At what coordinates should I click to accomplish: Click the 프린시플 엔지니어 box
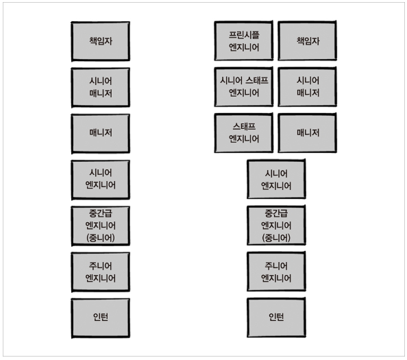coord(245,40)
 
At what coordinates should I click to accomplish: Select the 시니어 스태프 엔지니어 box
coord(245,86)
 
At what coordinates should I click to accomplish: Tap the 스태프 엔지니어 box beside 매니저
coord(245,132)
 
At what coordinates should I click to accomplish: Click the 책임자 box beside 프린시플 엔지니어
coord(308,41)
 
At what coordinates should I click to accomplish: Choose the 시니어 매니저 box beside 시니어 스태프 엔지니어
coord(308,86)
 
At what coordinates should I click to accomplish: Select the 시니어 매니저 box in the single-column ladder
coord(100,86)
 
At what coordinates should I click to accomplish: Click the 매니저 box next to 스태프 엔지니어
coord(308,132)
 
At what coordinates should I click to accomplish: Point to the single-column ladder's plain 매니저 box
coord(100,132)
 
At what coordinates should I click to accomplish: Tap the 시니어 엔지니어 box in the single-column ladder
coord(100,179)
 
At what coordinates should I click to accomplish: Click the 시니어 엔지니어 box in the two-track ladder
coord(276,179)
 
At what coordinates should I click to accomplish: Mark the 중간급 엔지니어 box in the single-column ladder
coord(100,226)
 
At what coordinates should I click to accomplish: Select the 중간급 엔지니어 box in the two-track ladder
coord(276,226)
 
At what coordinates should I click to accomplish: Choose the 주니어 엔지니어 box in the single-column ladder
coord(100,272)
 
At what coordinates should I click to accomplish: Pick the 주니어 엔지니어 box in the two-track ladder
coord(276,272)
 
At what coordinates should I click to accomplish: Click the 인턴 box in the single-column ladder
coord(100,317)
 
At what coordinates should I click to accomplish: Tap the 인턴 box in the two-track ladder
coord(276,317)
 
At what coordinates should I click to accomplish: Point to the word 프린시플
coord(245,34)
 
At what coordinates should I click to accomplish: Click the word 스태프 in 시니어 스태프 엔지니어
coord(255,80)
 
